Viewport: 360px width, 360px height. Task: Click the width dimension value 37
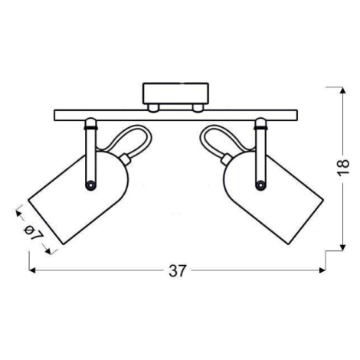pos(176,271)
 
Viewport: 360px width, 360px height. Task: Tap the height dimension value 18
pos(343,168)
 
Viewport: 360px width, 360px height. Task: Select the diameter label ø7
pos(32,232)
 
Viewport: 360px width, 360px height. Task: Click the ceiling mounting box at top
pos(176,93)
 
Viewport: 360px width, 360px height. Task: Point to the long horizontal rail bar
pos(176,115)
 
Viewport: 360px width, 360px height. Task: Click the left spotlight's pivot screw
pos(90,185)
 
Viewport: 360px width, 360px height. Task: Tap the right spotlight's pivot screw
pos(260,185)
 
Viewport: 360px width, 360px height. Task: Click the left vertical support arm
pos(91,154)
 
